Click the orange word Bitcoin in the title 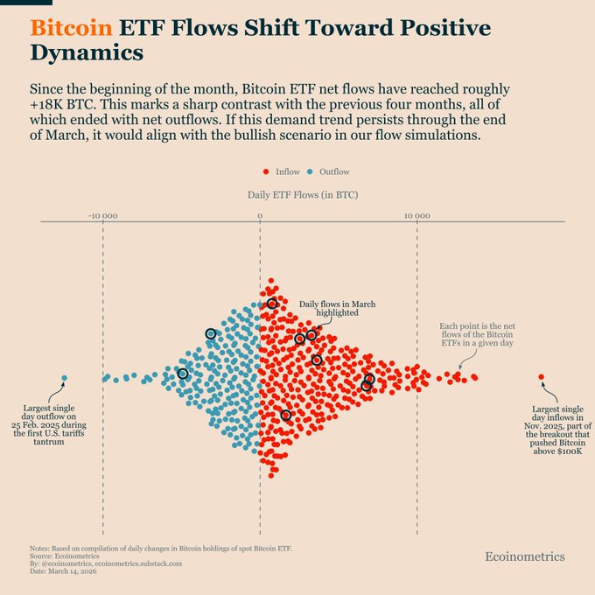click(x=71, y=27)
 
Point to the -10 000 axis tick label click(x=103, y=214)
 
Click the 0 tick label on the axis click(x=260, y=214)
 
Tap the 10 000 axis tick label click(x=416, y=214)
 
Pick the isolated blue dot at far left click(x=65, y=378)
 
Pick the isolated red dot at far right click(x=542, y=377)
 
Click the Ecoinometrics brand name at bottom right click(x=525, y=556)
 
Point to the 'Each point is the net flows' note click(x=476, y=336)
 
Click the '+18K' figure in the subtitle click(x=49, y=105)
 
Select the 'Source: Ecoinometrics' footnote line click(x=71, y=556)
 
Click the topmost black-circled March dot click(x=272, y=304)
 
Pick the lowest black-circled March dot click(x=286, y=416)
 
